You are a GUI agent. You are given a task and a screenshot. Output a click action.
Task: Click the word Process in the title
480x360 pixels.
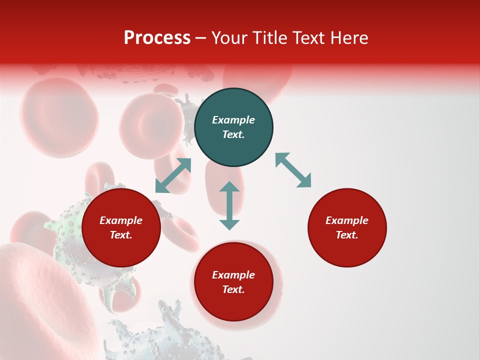pyautogui.click(x=157, y=38)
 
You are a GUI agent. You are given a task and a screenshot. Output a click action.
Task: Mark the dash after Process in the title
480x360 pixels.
pyautogui.click(x=201, y=38)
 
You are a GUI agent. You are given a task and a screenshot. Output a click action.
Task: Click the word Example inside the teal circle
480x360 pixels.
pyautogui.click(x=233, y=120)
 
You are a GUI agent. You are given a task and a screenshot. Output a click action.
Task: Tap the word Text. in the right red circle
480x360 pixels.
pyautogui.click(x=347, y=235)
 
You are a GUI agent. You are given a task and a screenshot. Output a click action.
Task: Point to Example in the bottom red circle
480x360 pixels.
pyautogui.click(x=233, y=275)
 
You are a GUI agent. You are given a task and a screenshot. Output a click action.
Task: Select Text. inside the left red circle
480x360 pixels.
pyautogui.click(x=121, y=235)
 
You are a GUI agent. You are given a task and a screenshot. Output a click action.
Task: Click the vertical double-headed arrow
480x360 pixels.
pyautogui.click(x=229, y=205)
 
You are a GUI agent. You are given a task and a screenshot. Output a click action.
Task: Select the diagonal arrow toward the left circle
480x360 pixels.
pyautogui.click(x=173, y=175)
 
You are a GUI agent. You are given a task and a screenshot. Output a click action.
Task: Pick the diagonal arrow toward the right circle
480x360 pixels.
pyautogui.click(x=293, y=170)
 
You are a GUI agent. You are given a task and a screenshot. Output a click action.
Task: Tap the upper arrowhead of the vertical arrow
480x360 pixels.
pyautogui.click(x=229, y=187)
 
